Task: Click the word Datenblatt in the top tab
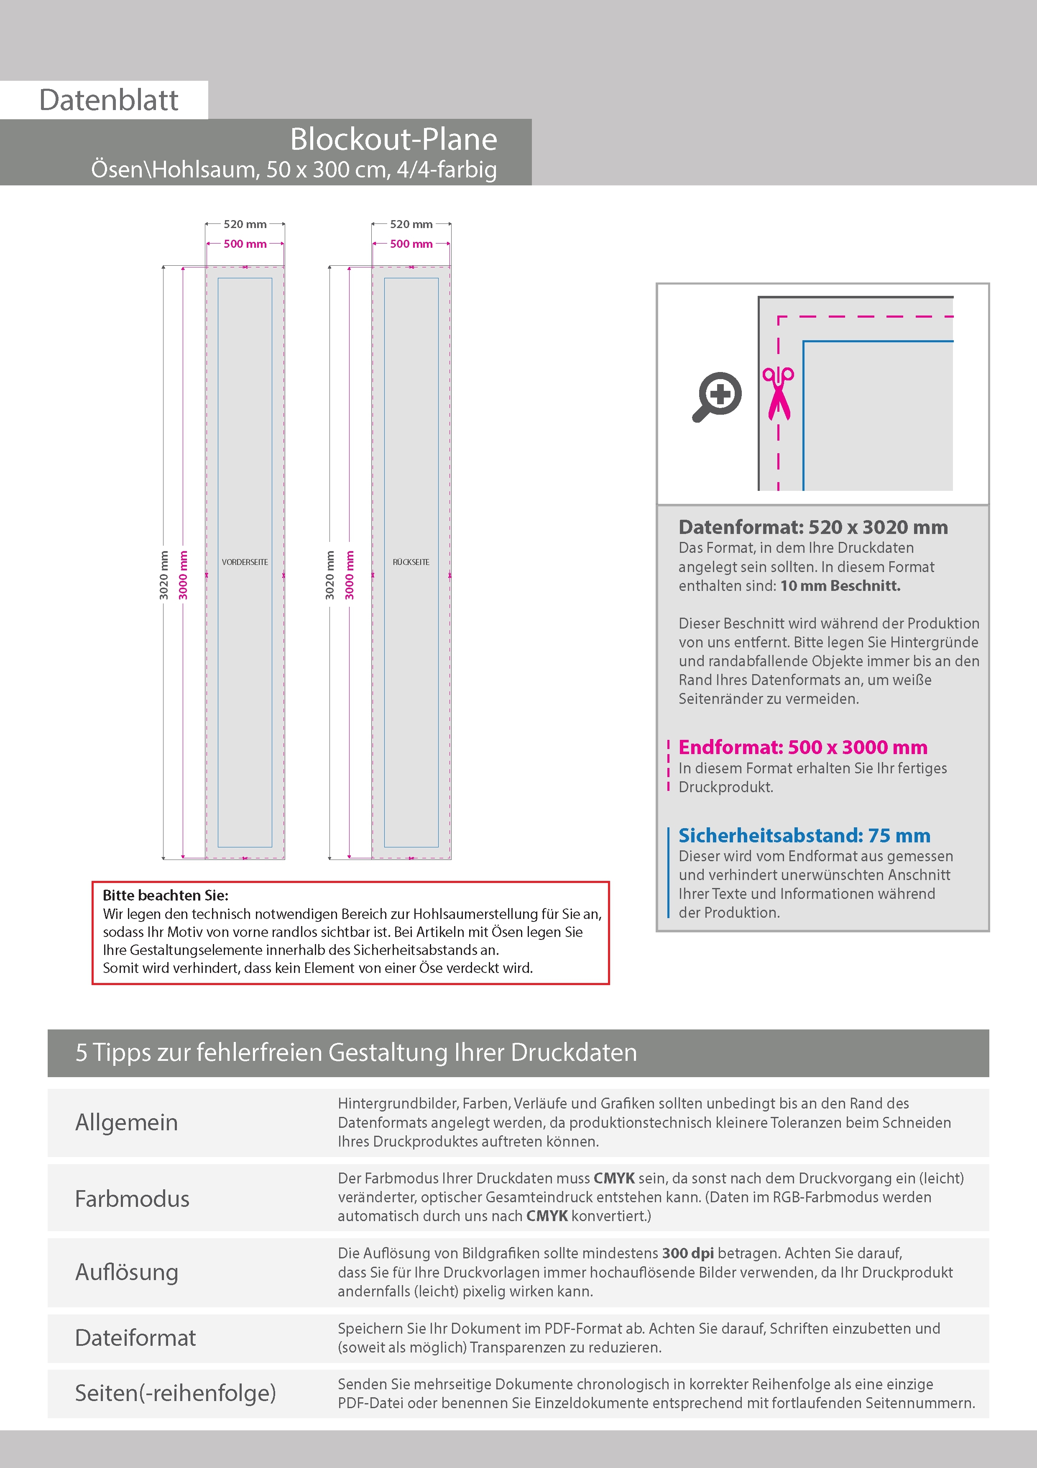[109, 100]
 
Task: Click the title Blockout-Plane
[393, 139]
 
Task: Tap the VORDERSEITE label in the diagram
[245, 562]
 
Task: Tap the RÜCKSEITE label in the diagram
[411, 562]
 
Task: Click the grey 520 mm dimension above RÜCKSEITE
[411, 224]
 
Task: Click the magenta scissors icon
[778, 393]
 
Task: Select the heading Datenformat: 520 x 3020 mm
[813, 527]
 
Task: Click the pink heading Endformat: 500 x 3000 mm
[802, 747]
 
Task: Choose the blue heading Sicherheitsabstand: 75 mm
[804, 836]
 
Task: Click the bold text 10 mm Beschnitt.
[840, 586]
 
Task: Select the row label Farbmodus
[132, 1199]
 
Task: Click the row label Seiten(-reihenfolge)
[175, 1393]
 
